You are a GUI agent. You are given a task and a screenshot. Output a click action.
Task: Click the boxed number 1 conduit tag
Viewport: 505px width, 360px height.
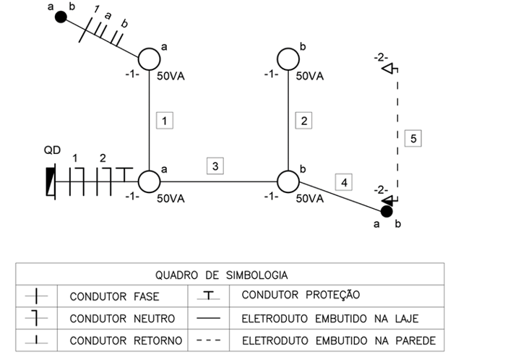point(165,121)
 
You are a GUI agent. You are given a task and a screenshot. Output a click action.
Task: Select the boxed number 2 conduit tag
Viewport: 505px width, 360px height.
point(304,121)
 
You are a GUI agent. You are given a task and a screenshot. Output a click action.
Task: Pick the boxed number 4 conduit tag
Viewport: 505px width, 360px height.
point(345,182)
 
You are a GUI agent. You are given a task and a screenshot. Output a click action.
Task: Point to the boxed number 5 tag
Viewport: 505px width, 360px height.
point(412,137)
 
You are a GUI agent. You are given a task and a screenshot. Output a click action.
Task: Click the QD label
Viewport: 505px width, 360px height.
point(52,150)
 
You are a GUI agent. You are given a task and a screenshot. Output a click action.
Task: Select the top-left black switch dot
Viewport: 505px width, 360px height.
point(61,15)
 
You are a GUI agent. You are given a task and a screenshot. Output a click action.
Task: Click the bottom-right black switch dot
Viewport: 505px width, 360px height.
point(387,211)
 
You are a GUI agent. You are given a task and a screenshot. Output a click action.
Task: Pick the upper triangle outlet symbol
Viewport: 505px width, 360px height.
point(388,69)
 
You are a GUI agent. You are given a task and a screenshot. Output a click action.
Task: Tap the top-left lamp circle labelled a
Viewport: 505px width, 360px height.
point(149,59)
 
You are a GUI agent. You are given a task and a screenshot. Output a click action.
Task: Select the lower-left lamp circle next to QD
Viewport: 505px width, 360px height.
point(149,181)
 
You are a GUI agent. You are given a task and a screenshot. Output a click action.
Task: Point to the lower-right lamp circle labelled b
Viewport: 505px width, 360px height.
point(288,181)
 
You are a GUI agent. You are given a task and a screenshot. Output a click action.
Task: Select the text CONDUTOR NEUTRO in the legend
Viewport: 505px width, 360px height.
point(114,318)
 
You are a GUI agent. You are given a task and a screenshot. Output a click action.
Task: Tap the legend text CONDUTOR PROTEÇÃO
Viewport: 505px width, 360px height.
point(300,295)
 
